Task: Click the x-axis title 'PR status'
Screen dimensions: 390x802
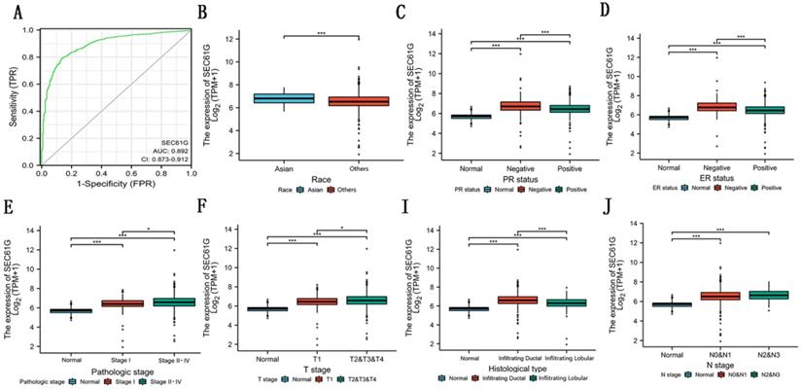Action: click(x=518, y=181)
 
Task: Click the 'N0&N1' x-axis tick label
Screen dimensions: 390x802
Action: click(x=715, y=357)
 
